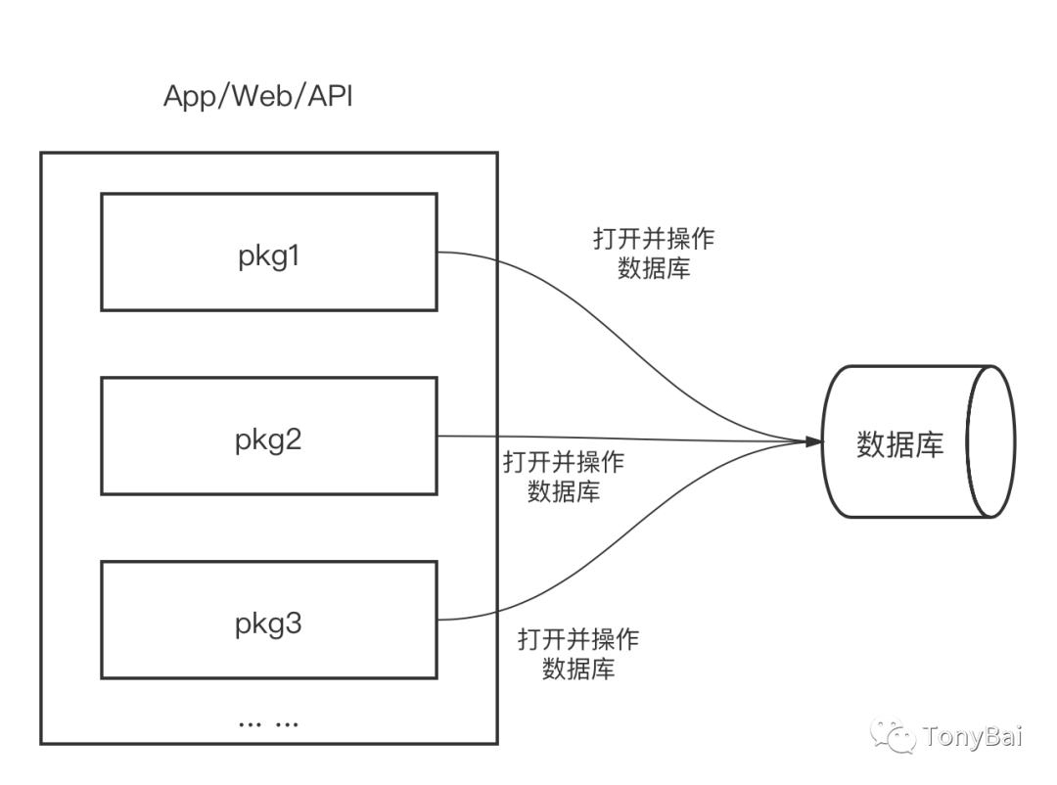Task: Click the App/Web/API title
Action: (255, 97)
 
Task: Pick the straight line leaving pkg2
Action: (626, 438)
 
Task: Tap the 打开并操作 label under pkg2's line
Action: (563, 463)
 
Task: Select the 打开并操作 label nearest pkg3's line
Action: (577, 640)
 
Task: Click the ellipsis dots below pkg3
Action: (268, 723)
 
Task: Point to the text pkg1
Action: (268, 256)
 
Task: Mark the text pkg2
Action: (268, 440)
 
